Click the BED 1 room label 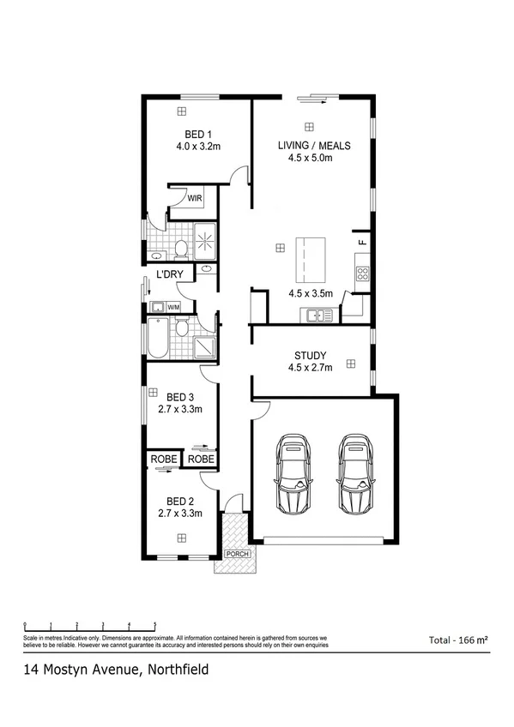pyautogui.click(x=198, y=134)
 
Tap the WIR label pyautogui.click(x=195, y=199)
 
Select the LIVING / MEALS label pyautogui.click(x=314, y=145)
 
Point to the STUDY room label pyautogui.click(x=310, y=356)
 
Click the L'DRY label pyautogui.click(x=169, y=275)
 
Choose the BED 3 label pyautogui.click(x=180, y=397)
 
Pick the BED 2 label pyautogui.click(x=180, y=501)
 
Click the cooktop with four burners pyautogui.click(x=362, y=274)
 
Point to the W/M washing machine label pyautogui.click(x=174, y=307)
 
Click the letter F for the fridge pyautogui.click(x=361, y=243)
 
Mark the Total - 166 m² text pyautogui.click(x=458, y=640)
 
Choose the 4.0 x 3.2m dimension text pyautogui.click(x=198, y=147)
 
